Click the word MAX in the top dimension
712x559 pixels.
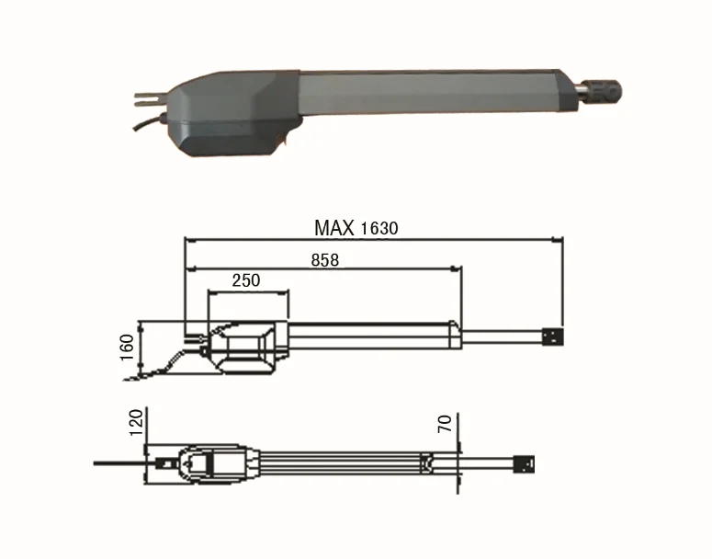[334, 228]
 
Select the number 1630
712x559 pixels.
[379, 228]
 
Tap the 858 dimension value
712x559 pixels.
[325, 260]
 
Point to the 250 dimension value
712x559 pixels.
[246, 280]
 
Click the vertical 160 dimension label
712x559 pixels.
[127, 348]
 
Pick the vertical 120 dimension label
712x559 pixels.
[136, 422]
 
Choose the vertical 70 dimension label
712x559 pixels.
[445, 424]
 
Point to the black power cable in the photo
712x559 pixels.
[149, 122]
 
